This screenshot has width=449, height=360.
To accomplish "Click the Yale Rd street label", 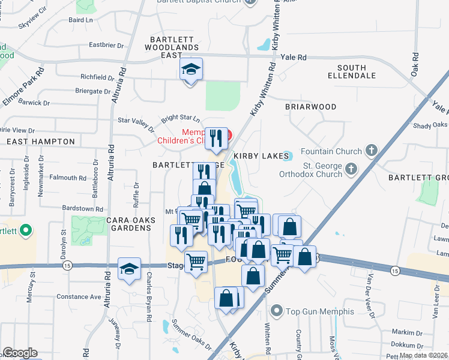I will tap(294, 58).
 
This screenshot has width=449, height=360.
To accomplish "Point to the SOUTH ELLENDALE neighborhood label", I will tap(356, 71).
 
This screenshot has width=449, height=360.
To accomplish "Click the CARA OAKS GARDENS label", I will tap(131, 224).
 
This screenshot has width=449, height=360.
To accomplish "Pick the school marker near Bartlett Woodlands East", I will tap(191, 70).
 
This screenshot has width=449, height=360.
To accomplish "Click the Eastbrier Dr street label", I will tap(106, 45).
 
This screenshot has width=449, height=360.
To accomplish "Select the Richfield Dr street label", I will tap(97, 77).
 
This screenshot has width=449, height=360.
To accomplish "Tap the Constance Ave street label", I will tap(79, 297).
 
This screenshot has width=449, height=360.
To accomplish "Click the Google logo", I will tap(20, 353).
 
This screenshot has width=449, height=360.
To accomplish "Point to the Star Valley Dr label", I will tap(136, 123).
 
